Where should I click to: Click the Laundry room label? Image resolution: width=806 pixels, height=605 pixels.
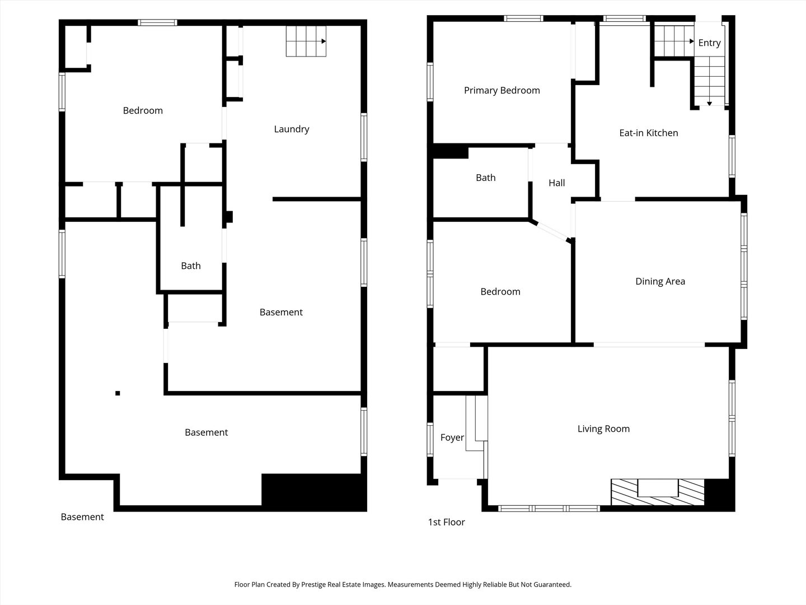[292, 129]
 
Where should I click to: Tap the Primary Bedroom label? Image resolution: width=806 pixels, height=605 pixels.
[502, 90]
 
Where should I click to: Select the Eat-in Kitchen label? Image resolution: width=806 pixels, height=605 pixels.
[649, 133]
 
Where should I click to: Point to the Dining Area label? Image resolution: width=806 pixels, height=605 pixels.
[660, 281]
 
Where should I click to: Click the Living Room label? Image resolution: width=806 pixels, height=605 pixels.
[604, 429]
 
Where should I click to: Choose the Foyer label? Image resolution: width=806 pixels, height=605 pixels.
[452, 438]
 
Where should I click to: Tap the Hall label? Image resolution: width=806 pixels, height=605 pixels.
[557, 183]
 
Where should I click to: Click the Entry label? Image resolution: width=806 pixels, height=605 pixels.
[709, 43]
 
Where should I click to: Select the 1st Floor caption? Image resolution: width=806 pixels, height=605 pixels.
[446, 522]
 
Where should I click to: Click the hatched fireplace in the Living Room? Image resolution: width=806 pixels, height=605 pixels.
[658, 492]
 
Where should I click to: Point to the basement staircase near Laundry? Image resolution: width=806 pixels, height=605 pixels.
[306, 41]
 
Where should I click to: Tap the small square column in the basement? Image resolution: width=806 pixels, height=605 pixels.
[118, 393]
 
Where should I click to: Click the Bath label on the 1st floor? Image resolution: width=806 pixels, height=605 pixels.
[485, 178]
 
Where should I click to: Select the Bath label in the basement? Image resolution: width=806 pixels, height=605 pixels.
[190, 266]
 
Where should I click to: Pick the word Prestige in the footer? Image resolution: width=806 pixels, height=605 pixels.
[314, 584]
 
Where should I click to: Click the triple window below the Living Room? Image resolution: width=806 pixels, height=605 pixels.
[549, 509]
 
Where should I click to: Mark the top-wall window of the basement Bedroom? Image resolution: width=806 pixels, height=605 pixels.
[157, 23]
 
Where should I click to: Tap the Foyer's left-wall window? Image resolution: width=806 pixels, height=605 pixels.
[430, 440]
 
